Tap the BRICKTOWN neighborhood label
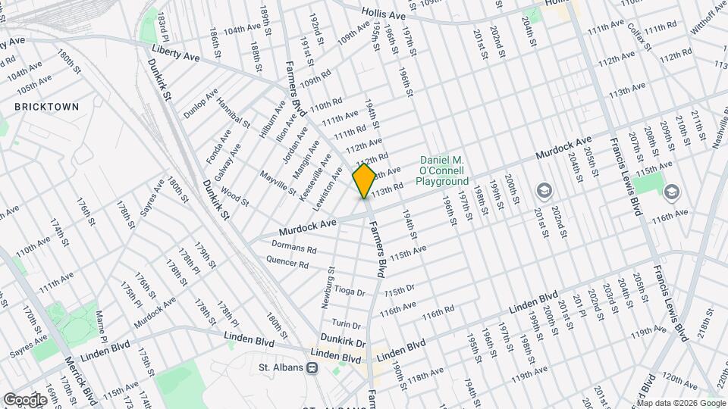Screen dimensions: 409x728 point(46,107)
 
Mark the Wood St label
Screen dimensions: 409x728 point(235,199)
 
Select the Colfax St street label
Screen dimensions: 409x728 point(640,36)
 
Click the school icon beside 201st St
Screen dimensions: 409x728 point(544,189)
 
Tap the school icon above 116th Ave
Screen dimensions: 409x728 point(670,192)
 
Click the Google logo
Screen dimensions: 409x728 point(25,399)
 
